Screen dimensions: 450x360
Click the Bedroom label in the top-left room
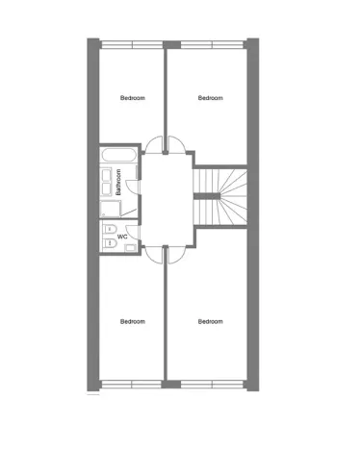point(132,98)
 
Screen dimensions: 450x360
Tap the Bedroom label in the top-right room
point(210,98)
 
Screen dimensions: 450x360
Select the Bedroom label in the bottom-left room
point(132,321)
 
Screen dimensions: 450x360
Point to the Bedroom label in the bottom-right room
point(210,321)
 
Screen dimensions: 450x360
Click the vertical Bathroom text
point(118,182)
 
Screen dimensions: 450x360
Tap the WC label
point(122,236)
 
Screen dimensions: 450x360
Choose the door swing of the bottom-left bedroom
point(154,252)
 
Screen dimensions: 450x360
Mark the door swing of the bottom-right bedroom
point(177,252)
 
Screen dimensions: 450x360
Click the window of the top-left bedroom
point(132,43)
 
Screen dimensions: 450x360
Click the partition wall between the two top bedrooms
point(166,91)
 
